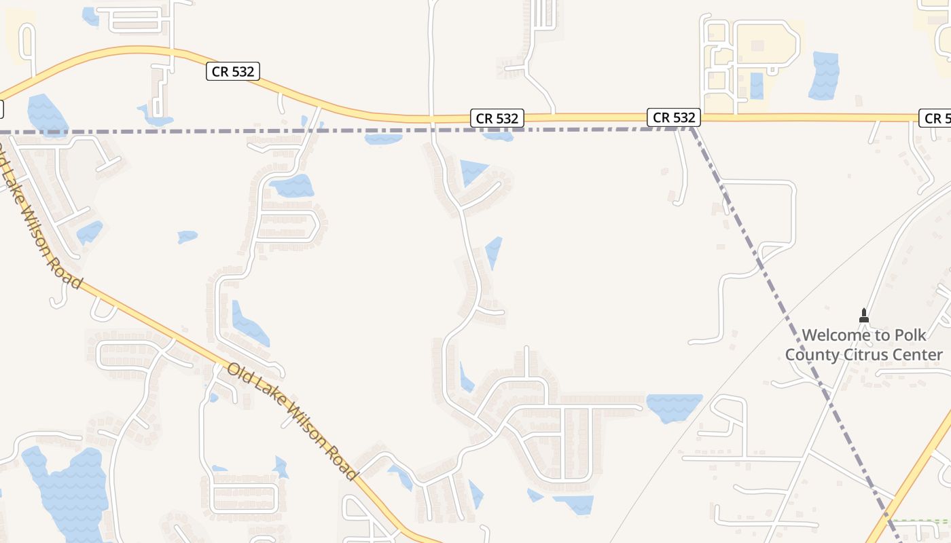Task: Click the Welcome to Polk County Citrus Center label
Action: [x=864, y=345]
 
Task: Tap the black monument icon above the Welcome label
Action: [x=864, y=316]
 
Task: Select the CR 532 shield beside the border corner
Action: [x=673, y=117]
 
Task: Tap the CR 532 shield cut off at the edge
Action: [x=936, y=118]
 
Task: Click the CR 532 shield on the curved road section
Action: [x=233, y=71]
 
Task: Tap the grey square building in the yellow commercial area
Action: [x=757, y=45]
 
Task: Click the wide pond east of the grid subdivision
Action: [x=674, y=406]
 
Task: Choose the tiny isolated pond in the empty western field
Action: [x=187, y=236]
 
